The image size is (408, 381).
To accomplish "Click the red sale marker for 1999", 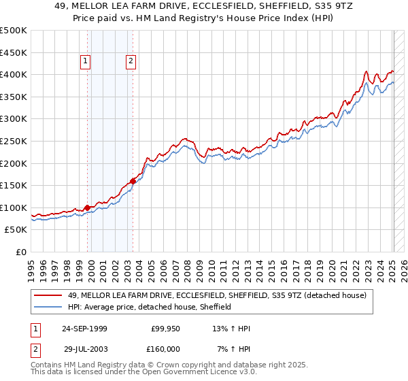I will point(88,208).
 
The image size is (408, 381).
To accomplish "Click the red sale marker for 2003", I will point(133,180).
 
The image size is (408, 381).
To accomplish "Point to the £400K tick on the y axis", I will point(14,74).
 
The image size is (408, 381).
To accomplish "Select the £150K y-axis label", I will point(14,185).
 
